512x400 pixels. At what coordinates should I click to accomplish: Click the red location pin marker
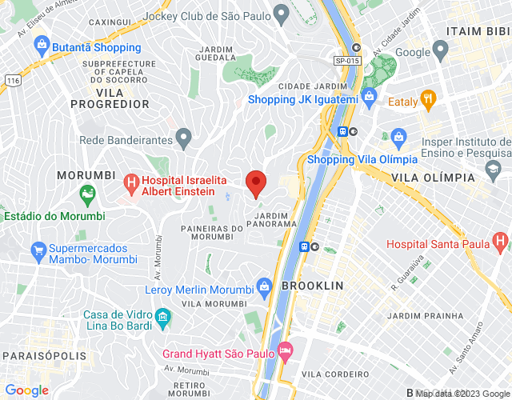(x=256, y=182)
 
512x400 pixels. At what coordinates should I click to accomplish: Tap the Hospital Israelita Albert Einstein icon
(x=130, y=183)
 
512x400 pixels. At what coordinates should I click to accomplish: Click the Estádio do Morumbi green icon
(x=87, y=194)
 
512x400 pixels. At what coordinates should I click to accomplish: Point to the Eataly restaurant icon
(x=428, y=101)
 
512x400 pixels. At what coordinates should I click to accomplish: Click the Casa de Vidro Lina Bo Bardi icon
(x=162, y=318)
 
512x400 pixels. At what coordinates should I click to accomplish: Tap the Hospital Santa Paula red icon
(x=501, y=240)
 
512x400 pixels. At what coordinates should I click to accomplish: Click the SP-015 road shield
(x=346, y=60)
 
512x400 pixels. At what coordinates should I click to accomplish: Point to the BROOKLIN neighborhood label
(x=312, y=286)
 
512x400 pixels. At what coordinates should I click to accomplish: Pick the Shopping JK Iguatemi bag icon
(x=369, y=99)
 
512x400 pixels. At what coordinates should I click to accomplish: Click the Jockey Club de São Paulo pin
(x=280, y=14)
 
